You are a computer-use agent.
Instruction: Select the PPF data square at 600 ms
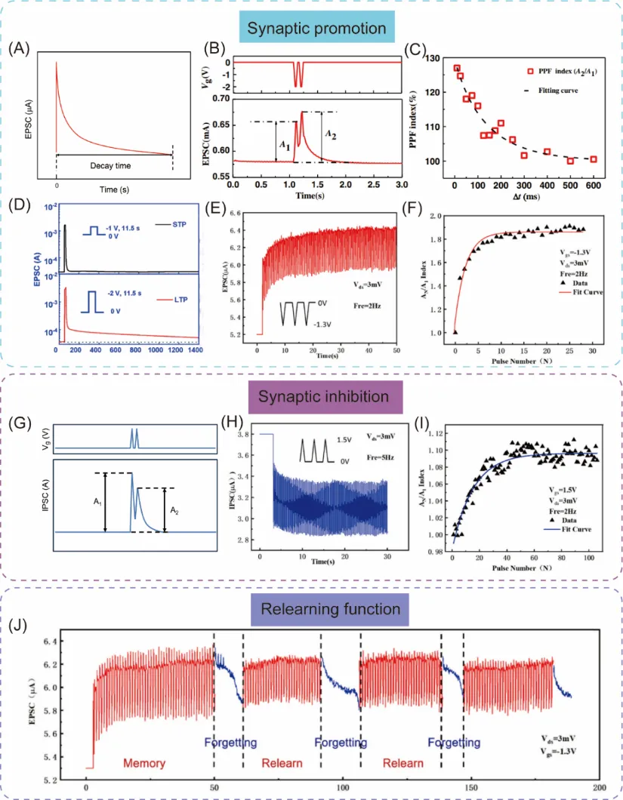tap(594, 159)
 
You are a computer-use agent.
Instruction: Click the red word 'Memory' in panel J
tap(143, 763)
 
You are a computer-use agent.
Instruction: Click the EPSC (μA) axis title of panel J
tap(33, 706)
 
